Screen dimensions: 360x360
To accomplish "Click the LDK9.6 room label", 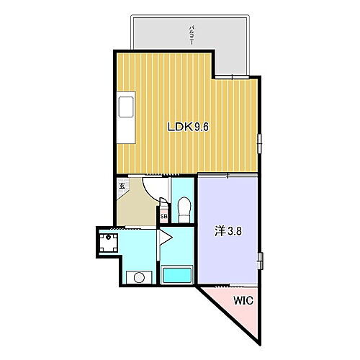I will tap(188, 127).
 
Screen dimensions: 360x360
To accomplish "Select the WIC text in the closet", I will tap(241, 303).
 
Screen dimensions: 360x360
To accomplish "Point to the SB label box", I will tap(163, 215).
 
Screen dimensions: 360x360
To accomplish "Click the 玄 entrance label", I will tap(122, 186).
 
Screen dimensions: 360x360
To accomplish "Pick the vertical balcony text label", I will tap(191, 34).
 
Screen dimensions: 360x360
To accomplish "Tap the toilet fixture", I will tap(183, 210).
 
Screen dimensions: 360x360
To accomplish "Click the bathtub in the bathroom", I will tap(177, 275).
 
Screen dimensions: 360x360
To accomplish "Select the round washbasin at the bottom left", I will tap(137, 277).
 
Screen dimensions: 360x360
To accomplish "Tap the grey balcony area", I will tap(230, 43).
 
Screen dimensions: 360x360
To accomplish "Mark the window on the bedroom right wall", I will tap(262, 257).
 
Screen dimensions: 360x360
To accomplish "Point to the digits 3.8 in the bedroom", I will tap(234, 233).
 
